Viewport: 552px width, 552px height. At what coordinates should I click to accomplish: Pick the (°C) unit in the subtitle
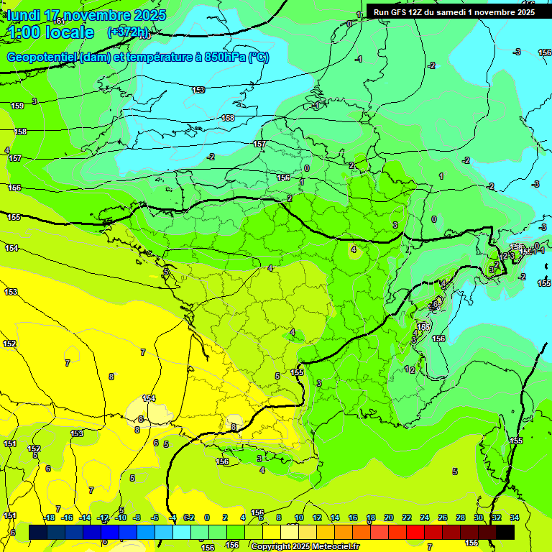[258, 58]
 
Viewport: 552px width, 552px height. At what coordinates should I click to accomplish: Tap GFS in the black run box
[398, 11]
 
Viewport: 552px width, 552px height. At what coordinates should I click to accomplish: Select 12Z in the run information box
[417, 11]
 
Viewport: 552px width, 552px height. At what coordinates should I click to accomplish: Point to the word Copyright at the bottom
[271, 546]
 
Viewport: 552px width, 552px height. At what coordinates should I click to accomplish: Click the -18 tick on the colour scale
[49, 517]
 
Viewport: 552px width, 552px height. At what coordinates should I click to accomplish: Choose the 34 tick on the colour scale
[514, 517]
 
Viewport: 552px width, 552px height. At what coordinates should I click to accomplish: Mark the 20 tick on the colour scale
[389, 517]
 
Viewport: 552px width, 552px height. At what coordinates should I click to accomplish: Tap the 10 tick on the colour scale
[299, 517]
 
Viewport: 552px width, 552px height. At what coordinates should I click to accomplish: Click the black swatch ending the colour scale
[505, 532]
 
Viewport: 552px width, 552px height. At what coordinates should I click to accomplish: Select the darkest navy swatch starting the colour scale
[38, 532]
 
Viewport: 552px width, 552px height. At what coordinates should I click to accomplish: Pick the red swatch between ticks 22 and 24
[415, 532]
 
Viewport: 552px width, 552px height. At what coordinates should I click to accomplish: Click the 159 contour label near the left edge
[17, 106]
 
